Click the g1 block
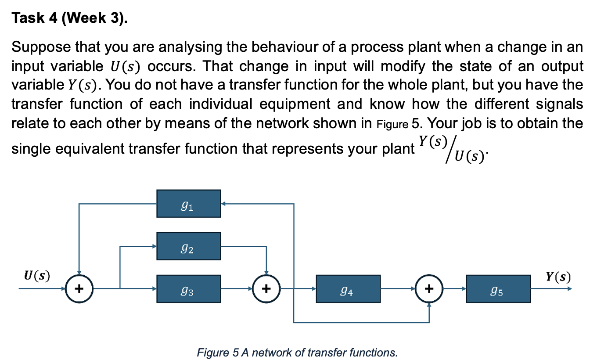click(188, 203)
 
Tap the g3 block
click(188, 289)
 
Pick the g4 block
click(348, 289)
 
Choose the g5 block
click(498, 289)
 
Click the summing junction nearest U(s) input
click(79, 289)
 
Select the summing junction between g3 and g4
click(266, 289)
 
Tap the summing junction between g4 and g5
click(429, 289)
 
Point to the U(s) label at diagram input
click(36, 276)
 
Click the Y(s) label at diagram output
click(558, 276)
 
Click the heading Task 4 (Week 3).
click(68, 19)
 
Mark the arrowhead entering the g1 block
click(223, 204)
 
